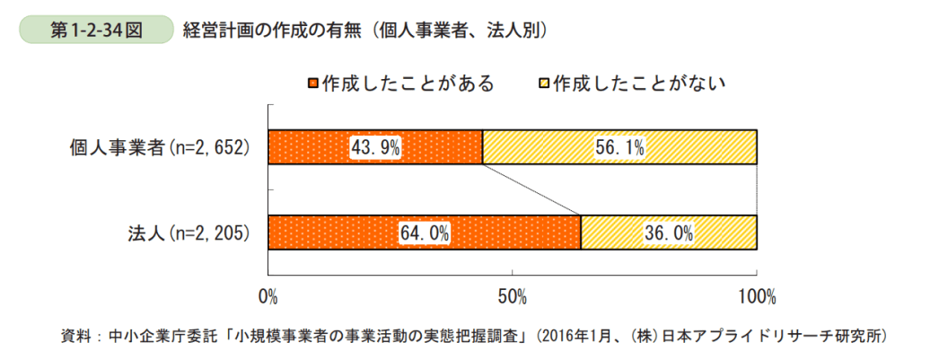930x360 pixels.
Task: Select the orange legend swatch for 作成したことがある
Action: point(313,84)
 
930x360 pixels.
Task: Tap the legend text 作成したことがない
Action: point(638,84)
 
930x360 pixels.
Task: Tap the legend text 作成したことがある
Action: point(408,84)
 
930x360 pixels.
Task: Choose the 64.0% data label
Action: point(425,233)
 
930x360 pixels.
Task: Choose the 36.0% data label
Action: point(669,233)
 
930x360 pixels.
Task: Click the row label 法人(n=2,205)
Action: point(187,233)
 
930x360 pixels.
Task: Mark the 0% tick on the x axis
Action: point(268,294)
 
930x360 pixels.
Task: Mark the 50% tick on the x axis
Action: point(512,294)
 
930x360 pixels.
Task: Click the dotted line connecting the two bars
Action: point(531,189)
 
